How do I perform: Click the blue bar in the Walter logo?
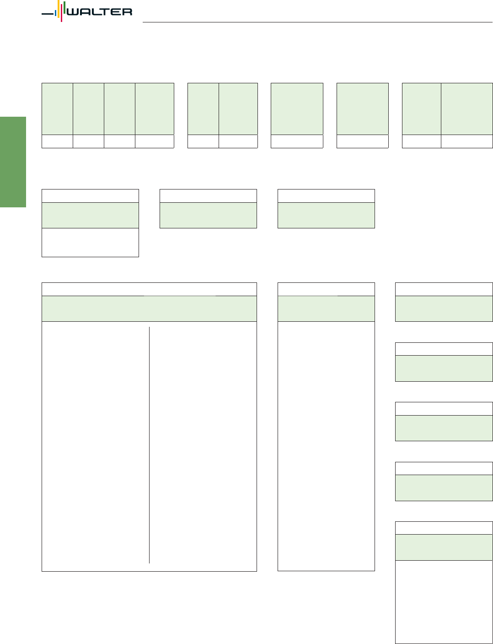[55, 13]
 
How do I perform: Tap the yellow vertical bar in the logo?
[59, 9]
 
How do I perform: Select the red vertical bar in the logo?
[61, 13]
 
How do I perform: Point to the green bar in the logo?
[64, 7]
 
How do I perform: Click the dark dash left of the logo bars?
[48, 14]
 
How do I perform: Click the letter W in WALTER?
[73, 12]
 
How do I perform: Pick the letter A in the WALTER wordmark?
[86, 12]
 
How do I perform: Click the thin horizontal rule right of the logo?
[317, 22]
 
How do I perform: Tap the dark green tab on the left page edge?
[13, 162]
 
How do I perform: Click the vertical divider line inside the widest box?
[149, 445]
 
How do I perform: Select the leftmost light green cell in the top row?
[57, 109]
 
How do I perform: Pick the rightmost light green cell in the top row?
[466, 109]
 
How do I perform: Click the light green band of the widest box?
[149, 308]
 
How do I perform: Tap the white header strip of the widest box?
[149, 289]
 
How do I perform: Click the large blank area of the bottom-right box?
[444, 601]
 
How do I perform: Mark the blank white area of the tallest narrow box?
[326, 446]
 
